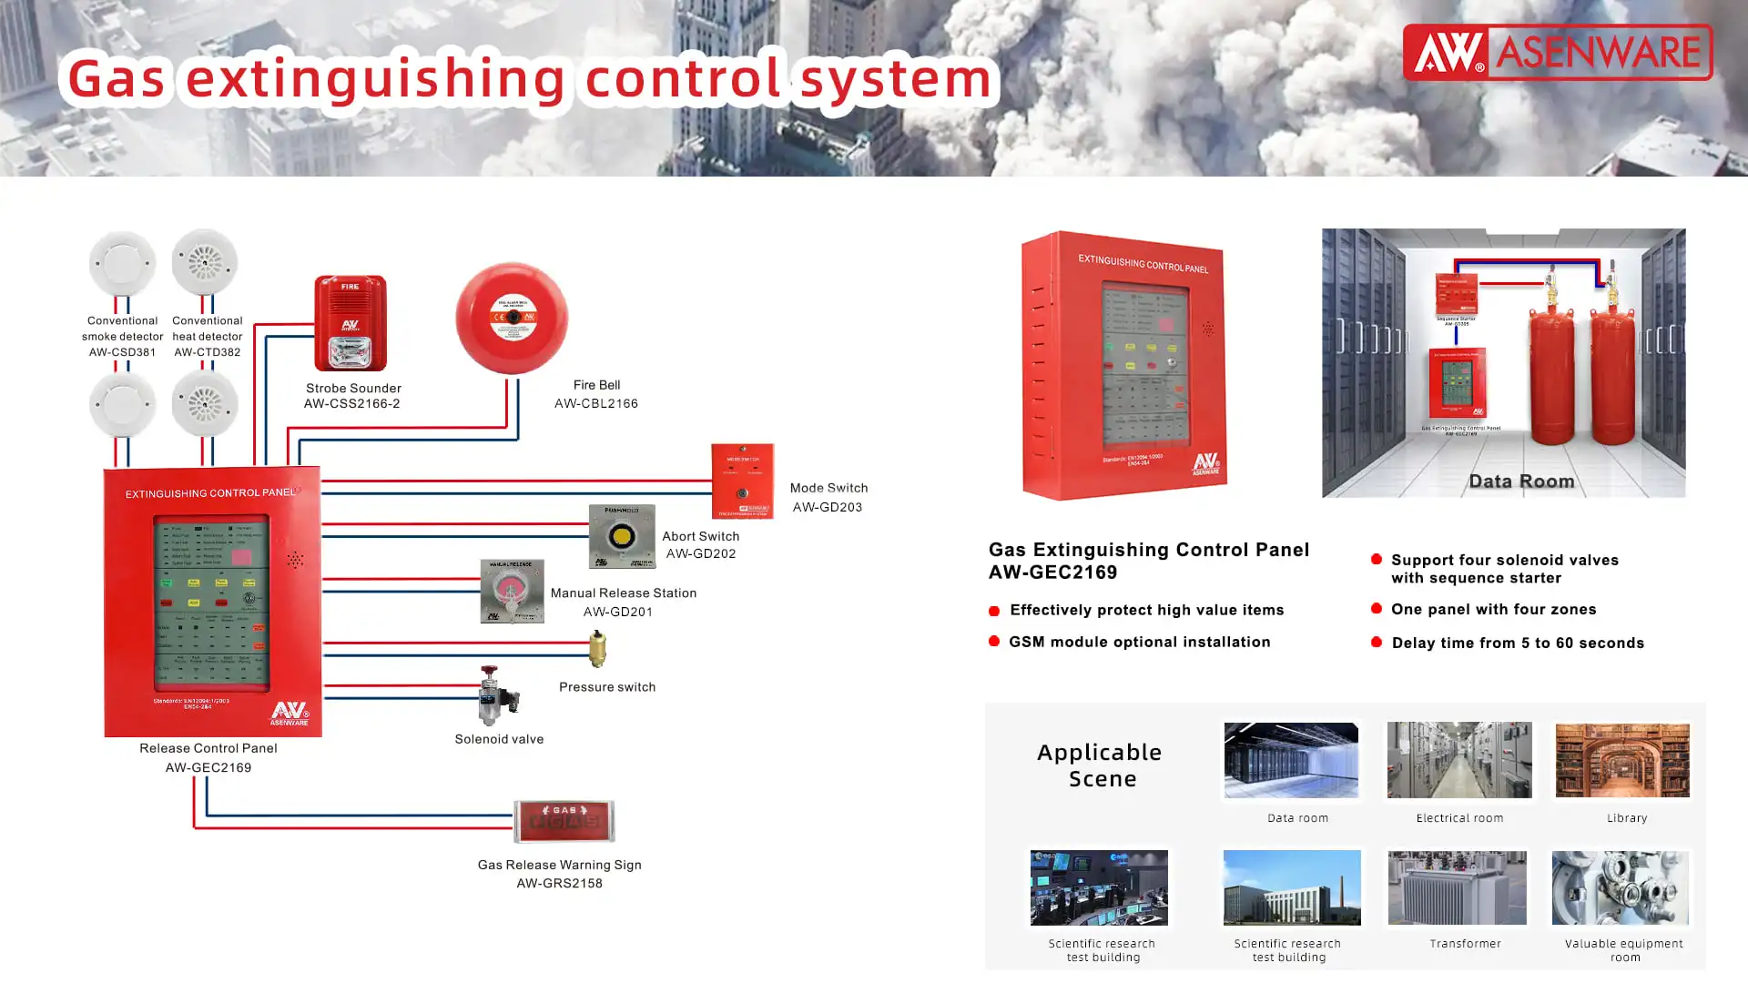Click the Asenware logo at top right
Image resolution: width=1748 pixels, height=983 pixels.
pyautogui.click(x=1557, y=53)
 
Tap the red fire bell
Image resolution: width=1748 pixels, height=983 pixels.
pyautogui.click(x=512, y=319)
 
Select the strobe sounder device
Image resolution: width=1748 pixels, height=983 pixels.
pyautogui.click(x=351, y=323)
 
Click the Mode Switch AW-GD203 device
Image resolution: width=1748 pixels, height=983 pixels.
pyautogui.click(x=742, y=481)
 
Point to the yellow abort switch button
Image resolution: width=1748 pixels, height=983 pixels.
pyautogui.click(x=622, y=536)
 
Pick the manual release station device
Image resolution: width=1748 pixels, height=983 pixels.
pyautogui.click(x=512, y=592)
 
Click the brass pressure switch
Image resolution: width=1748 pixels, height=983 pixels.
pyautogui.click(x=597, y=648)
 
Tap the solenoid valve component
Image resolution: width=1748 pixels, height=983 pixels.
pyautogui.click(x=497, y=696)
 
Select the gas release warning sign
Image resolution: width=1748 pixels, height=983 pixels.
pyautogui.click(x=564, y=821)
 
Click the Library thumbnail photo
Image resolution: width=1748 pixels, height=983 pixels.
pyautogui.click(x=1622, y=760)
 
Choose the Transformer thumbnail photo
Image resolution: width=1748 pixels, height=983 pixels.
pyautogui.click(x=1457, y=887)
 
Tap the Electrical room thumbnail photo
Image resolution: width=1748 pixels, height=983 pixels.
pyautogui.click(x=1458, y=760)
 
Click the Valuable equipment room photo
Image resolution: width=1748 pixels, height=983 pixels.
pyautogui.click(x=1620, y=887)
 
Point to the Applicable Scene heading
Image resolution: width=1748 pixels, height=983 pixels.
pyautogui.click(x=1100, y=765)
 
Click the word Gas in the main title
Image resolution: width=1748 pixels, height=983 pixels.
pyautogui.click(x=117, y=78)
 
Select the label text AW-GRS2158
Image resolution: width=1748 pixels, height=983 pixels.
pyautogui.click(x=559, y=883)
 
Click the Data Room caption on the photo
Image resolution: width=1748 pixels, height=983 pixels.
pyautogui.click(x=1521, y=481)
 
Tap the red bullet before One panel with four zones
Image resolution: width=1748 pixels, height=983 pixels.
pyautogui.click(x=1377, y=608)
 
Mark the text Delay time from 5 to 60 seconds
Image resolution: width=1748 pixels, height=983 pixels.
pyautogui.click(x=1518, y=643)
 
